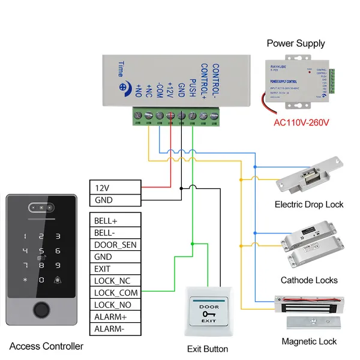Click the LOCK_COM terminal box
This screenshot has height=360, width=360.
pyautogui.click(x=116, y=293)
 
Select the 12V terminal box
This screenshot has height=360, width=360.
pyautogui.click(x=116, y=187)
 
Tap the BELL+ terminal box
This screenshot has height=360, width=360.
pyautogui.click(x=116, y=220)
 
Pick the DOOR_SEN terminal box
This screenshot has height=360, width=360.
pyautogui.click(x=116, y=244)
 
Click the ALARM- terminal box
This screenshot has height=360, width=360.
pyautogui.click(x=116, y=329)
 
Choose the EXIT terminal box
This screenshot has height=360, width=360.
pyautogui.click(x=116, y=268)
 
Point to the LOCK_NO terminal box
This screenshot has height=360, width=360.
pyautogui.click(x=116, y=305)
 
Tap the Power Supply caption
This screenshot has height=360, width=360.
pyautogui.click(x=296, y=43)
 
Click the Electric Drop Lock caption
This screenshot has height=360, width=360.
pyautogui.click(x=309, y=205)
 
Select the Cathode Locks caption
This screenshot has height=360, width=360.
pyautogui.click(x=309, y=280)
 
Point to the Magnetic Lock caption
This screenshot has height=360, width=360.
pyautogui.click(x=309, y=341)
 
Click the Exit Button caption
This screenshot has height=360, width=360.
pyautogui.click(x=208, y=349)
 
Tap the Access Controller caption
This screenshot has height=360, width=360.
pyautogui.click(x=46, y=346)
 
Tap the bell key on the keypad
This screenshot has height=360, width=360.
pyautogui.click(x=58, y=280)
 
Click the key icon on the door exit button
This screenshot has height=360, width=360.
pyautogui.click(x=208, y=314)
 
